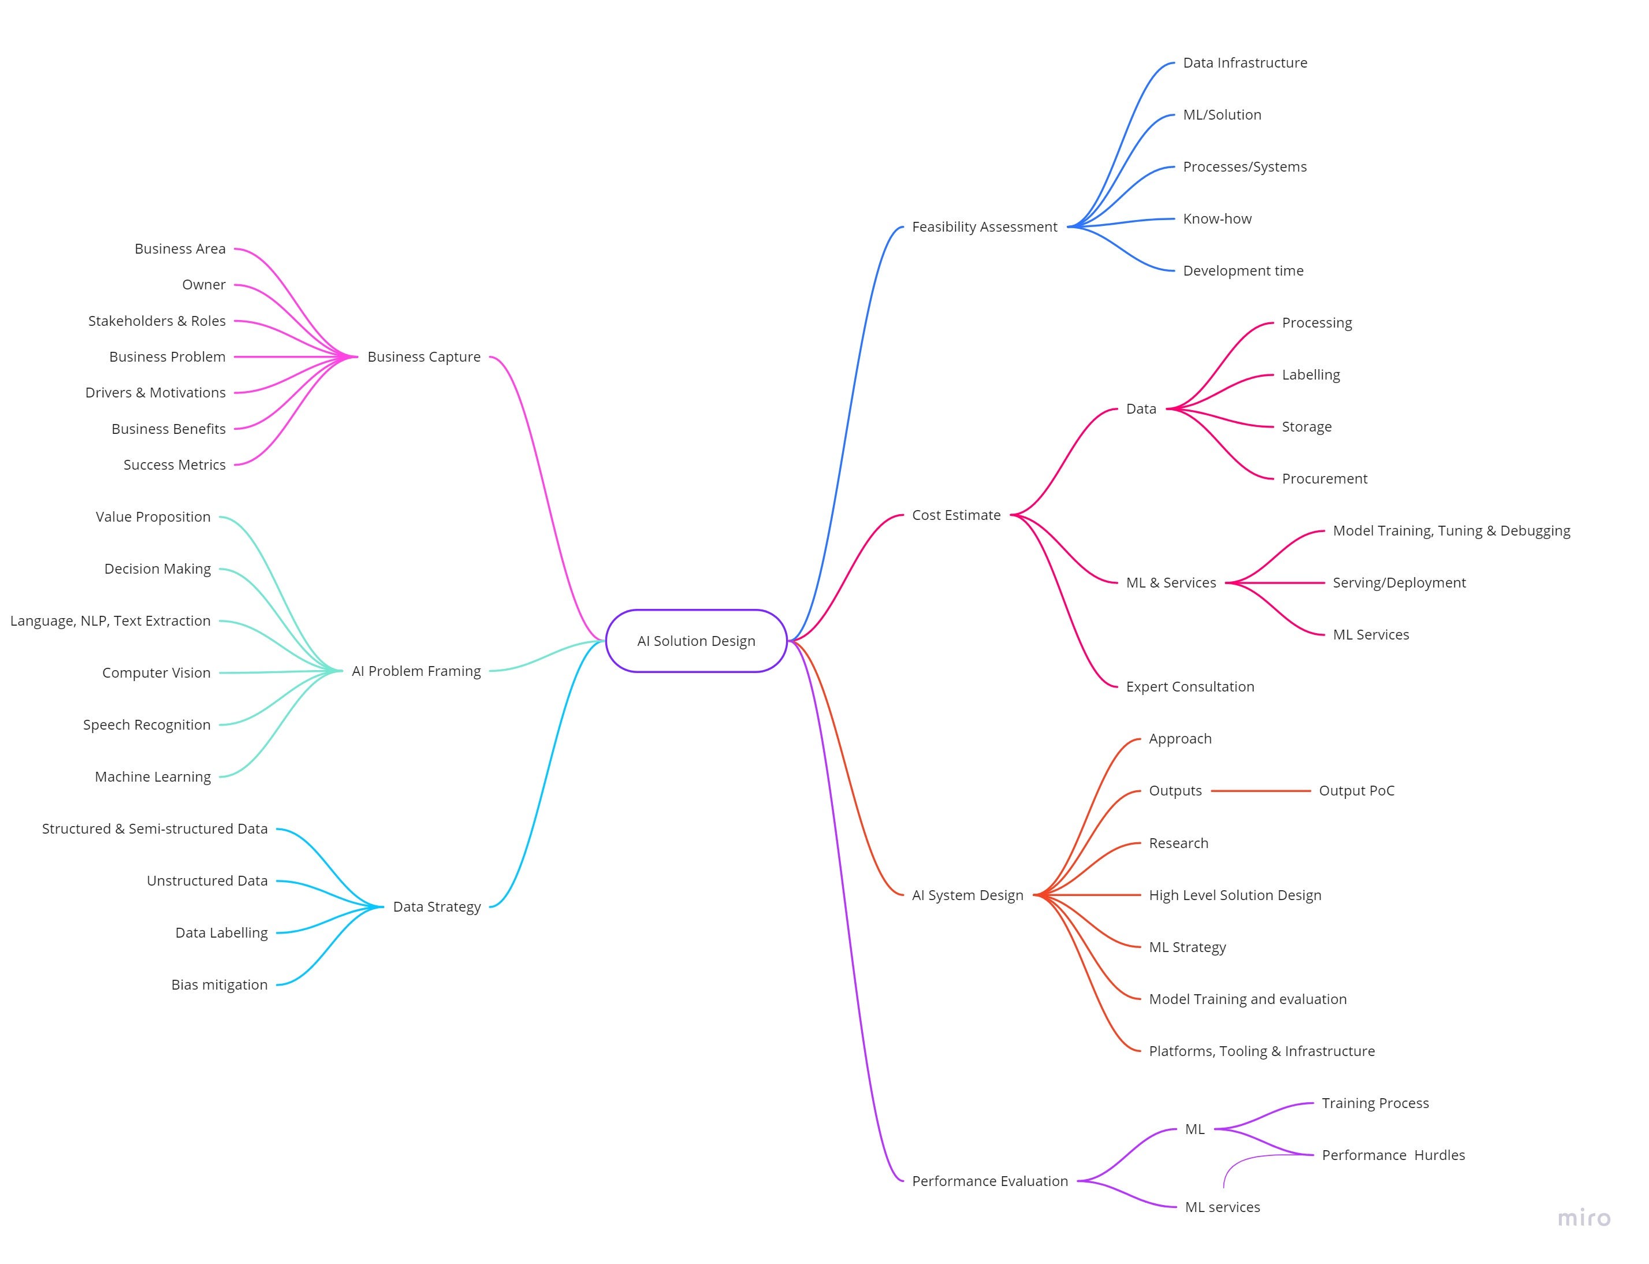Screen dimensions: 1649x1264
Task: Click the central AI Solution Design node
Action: (x=696, y=641)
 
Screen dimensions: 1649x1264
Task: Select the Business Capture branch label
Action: (x=423, y=356)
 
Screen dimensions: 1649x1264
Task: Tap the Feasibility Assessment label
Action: (x=984, y=226)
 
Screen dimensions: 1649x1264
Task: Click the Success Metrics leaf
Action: (x=174, y=465)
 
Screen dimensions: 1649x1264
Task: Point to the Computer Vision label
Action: (x=157, y=672)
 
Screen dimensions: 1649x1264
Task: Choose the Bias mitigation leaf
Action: (x=219, y=985)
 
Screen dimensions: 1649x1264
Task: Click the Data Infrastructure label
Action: (x=1245, y=62)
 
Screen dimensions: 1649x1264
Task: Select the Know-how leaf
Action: (x=1217, y=219)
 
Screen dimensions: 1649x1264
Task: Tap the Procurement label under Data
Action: (x=1324, y=478)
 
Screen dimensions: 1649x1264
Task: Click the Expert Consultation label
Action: (x=1190, y=686)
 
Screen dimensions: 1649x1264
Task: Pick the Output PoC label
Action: (x=1356, y=791)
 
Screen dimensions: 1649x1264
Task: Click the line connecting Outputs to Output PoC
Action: (x=1261, y=791)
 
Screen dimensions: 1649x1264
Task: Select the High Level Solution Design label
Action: (x=1234, y=895)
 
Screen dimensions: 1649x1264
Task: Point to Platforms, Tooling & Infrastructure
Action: (x=1261, y=1051)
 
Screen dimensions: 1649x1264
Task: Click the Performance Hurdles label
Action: (x=1393, y=1155)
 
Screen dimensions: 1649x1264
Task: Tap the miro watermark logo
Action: (x=1584, y=1218)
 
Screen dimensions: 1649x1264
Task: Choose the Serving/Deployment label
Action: (x=1399, y=582)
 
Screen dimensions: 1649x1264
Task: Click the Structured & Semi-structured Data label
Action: (x=155, y=828)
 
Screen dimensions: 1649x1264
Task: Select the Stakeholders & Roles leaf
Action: (x=157, y=321)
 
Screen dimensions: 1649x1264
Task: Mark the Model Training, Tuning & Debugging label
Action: (x=1451, y=530)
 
